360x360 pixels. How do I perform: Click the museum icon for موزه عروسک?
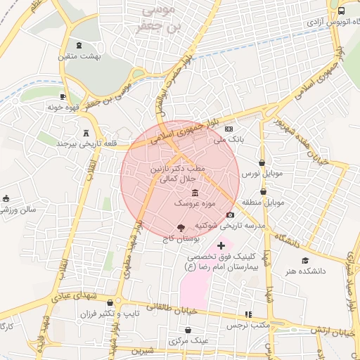[195, 193]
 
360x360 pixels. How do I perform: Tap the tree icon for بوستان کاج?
[180, 227]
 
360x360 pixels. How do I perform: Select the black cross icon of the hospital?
[221, 245]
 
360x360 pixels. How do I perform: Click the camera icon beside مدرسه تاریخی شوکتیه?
[230, 215]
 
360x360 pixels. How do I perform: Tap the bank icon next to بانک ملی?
[229, 129]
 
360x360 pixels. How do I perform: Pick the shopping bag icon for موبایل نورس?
[262, 162]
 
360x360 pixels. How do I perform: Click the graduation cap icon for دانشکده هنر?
[304, 260]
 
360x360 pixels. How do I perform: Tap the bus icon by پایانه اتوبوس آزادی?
[341, 11]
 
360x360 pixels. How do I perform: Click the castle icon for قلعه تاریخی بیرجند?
[86, 133]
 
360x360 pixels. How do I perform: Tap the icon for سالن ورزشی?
[6, 198]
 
